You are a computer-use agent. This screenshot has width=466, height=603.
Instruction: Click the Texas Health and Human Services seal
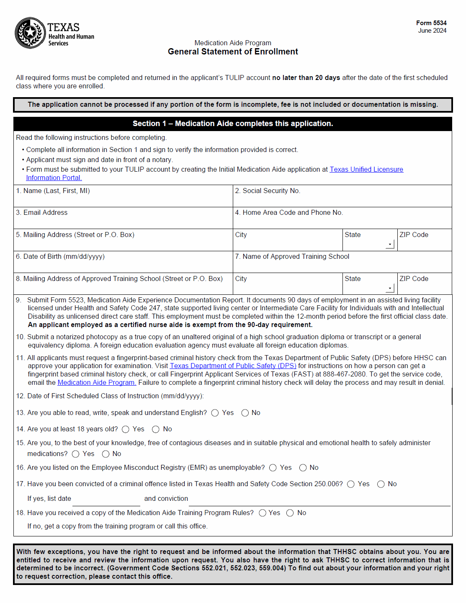pyautogui.click(x=30, y=33)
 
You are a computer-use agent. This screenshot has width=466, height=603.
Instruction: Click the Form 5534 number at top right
pyautogui.click(x=431, y=23)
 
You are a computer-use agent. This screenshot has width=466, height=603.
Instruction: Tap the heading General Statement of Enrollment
pyautogui.click(x=233, y=52)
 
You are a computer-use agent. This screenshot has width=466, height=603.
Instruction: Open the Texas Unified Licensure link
pyautogui.click(x=366, y=169)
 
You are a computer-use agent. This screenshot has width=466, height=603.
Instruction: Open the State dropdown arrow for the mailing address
pyautogui.click(x=390, y=244)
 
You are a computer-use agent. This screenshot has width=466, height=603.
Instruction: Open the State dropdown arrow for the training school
pyautogui.click(x=390, y=288)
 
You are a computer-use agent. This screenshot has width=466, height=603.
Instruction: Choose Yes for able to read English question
pyautogui.click(x=215, y=413)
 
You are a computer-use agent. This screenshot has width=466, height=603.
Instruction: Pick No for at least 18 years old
pyautogui.click(x=156, y=429)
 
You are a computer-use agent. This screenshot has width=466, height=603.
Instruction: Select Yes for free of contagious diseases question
pyautogui.click(x=76, y=454)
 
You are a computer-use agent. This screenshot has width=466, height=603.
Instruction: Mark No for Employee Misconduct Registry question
pyautogui.click(x=303, y=468)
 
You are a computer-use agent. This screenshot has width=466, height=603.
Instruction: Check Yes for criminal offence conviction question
pyautogui.click(x=351, y=484)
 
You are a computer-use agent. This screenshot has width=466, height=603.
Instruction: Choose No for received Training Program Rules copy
pyautogui.click(x=290, y=513)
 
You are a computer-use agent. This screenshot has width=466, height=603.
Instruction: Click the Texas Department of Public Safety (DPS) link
pyautogui.click(x=233, y=366)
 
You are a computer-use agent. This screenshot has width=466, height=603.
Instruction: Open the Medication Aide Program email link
pyautogui.click(x=97, y=382)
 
